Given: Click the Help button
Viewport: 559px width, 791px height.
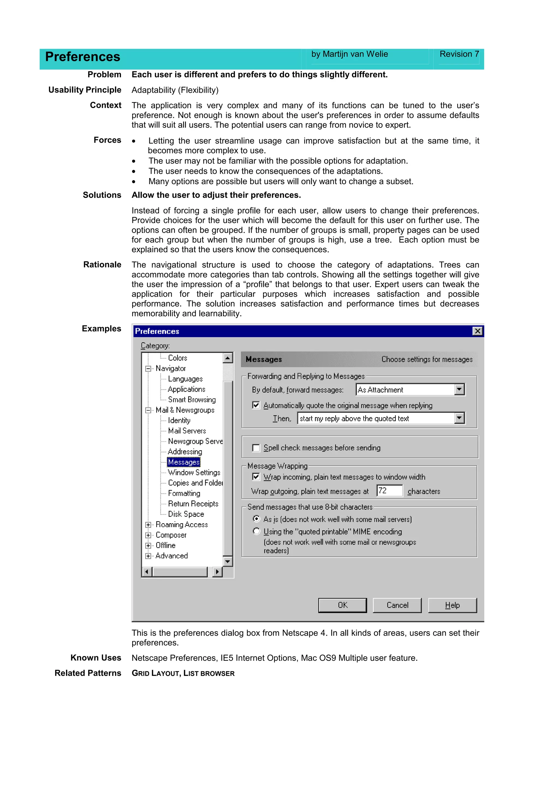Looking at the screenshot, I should click(x=452, y=605).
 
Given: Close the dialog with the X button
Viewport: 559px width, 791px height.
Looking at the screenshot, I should click(x=477, y=331).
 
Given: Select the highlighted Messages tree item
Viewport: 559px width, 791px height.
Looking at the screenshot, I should click(x=184, y=462).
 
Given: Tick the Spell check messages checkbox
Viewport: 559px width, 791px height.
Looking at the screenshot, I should click(x=256, y=448).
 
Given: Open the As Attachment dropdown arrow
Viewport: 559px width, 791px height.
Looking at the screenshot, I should click(x=459, y=390).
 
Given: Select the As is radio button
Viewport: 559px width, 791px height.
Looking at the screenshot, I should click(x=256, y=519).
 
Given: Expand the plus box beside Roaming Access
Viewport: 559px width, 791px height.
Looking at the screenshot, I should click(x=148, y=525).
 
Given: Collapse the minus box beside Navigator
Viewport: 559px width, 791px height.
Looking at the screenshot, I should click(x=148, y=369).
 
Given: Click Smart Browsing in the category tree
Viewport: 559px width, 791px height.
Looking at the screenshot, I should click(x=192, y=400).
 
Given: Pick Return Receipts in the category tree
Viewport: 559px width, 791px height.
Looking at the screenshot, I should click(x=193, y=504).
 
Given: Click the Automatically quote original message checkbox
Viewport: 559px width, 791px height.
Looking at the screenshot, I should click(x=256, y=405).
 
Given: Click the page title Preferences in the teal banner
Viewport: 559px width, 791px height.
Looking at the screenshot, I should click(x=83, y=57).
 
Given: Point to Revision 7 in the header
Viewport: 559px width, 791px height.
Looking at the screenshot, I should click(x=459, y=54).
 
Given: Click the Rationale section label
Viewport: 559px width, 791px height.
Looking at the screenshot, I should click(x=102, y=264).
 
